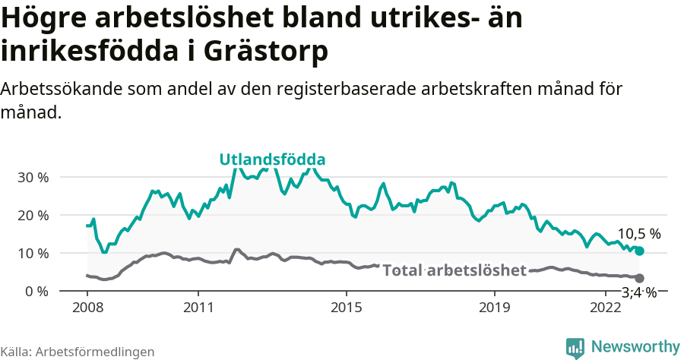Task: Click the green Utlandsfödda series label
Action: point(272,159)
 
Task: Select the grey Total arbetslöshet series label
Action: point(454,270)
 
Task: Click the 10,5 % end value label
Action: point(638,234)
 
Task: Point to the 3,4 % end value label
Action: point(638,292)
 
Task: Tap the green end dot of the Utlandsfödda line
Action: point(639,251)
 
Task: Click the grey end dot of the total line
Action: point(639,279)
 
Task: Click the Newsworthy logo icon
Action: point(575,347)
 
